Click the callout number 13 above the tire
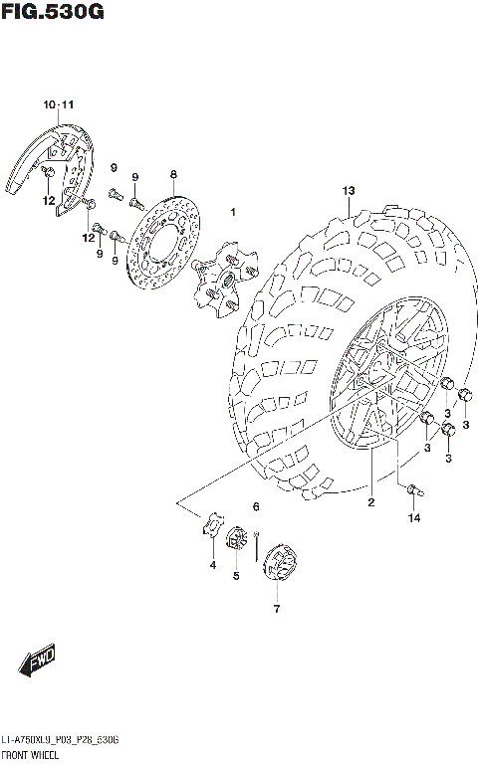pyautogui.click(x=349, y=190)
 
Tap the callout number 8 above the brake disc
pyautogui.click(x=172, y=174)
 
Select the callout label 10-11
pyautogui.click(x=58, y=104)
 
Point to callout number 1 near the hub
pyautogui.click(x=232, y=212)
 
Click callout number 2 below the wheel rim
pyautogui.click(x=369, y=502)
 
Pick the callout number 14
pyautogui.click(x=413, y=518)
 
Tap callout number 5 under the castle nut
pyautogui.click(x=236, y=575)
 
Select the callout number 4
pyautogui.click(x=212, y=565)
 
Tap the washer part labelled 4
pyautogui.click(x=212, y=525)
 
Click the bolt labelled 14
pyautogui.click(x=414, y=488)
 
